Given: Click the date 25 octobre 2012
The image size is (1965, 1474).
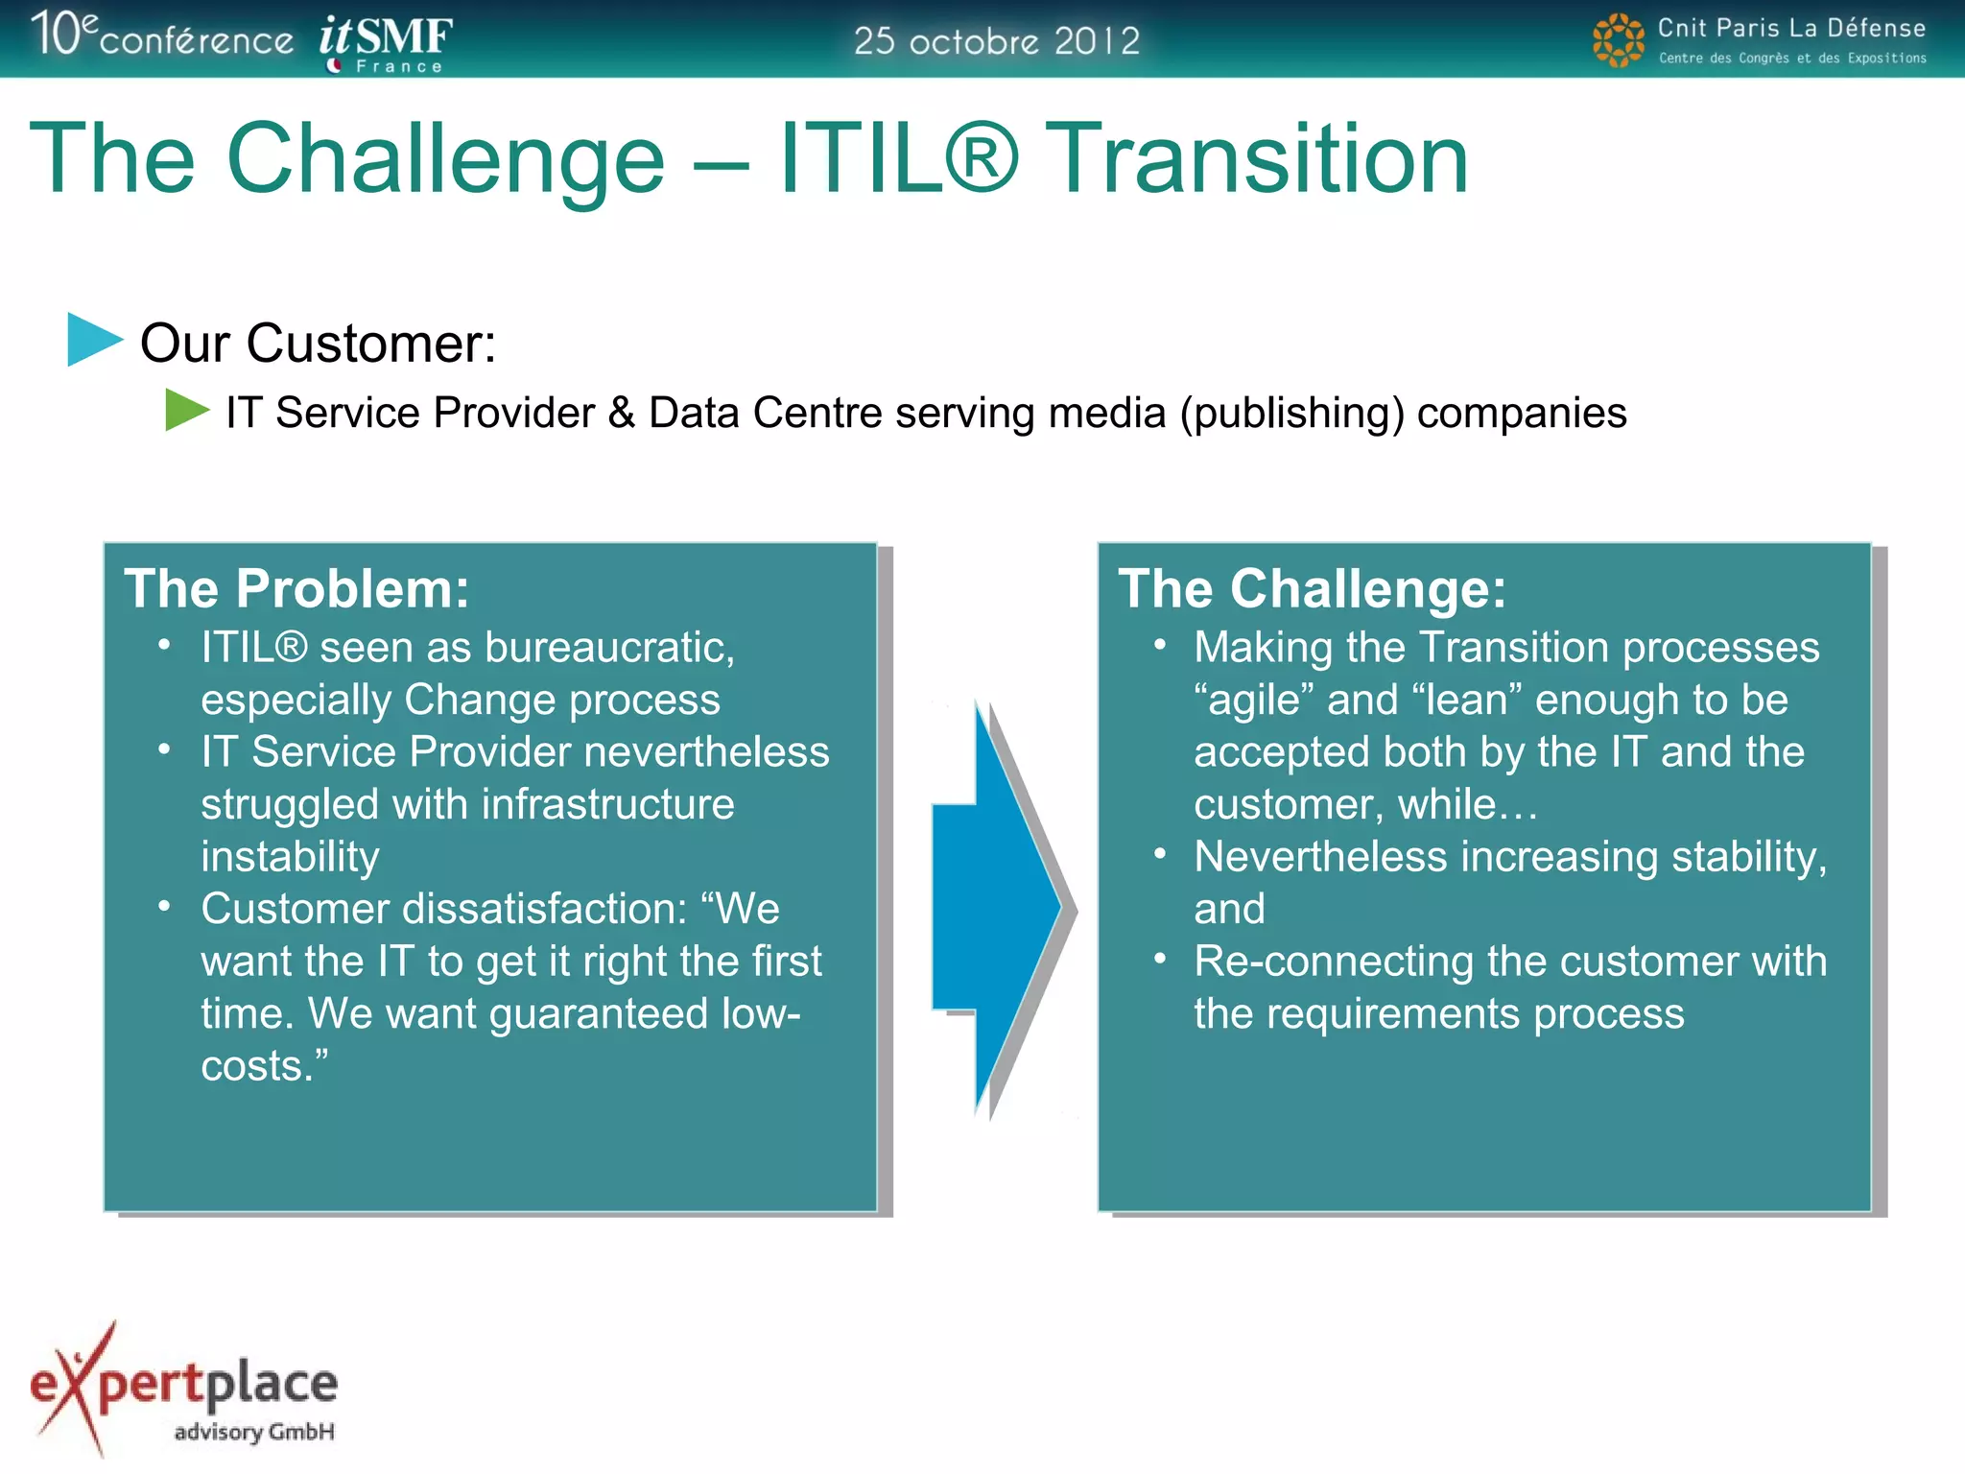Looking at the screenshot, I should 996,41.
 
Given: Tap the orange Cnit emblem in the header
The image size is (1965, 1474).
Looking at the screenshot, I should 1618,40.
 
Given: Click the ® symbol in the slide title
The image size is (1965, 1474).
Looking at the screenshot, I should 981,158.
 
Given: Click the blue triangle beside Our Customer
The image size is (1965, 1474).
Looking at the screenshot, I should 94,340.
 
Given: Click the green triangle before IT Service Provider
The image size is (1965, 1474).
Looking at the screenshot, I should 186,411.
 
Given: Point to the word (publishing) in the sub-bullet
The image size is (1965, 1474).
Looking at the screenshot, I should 1291,413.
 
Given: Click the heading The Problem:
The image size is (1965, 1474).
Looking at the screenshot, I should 296,588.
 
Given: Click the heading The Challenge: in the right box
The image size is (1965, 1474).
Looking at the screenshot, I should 1312,588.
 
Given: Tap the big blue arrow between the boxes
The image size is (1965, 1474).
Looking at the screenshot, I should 998,907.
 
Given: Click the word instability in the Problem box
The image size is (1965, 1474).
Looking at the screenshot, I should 290,856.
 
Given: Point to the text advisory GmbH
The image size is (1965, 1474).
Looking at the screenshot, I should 254,1432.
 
